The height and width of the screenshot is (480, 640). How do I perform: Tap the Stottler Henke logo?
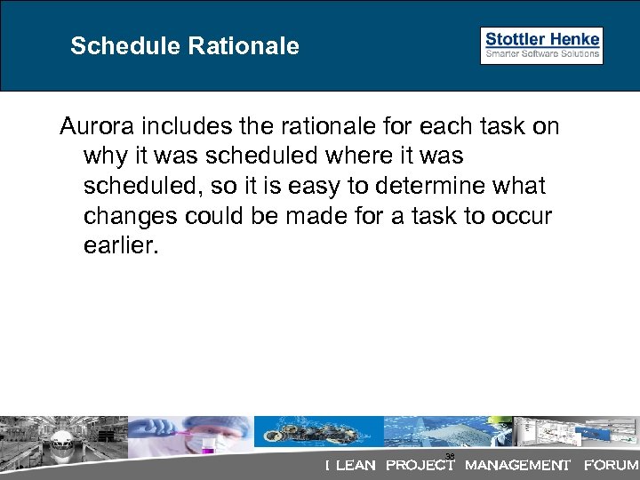pyautogui.click(x=541, y=45)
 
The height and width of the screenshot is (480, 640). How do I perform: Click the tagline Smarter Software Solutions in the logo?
pyautogui.click(x=541, y=54)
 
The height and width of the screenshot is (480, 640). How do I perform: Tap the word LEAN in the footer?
pyautogui.click(x=355, y=465)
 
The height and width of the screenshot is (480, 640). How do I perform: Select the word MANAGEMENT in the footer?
pyautogui.click(x=517, y=465)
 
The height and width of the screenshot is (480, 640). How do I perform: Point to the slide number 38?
pyautogui.click(x=450, y=457)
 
